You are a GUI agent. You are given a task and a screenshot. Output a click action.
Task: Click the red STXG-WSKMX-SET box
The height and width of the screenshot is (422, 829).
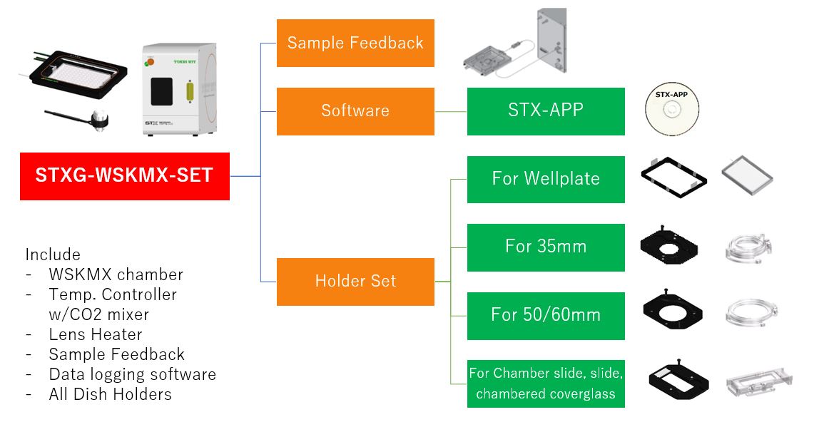(x=125, y=176)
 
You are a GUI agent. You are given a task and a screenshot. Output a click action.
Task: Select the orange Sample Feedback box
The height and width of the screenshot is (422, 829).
(x=355, y=43)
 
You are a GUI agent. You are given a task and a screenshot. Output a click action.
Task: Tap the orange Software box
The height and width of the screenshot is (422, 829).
(x=355, y=110)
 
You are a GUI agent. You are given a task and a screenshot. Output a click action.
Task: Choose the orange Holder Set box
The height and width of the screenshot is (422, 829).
(x=355, y=281)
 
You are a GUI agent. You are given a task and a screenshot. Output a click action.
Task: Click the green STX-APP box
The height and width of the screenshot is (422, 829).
(x=546, y=110)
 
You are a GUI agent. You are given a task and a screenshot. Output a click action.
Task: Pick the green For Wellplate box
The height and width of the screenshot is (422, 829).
(x=546, y=178)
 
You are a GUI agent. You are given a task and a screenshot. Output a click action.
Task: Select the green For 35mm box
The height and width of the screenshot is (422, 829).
(x=546, y=247)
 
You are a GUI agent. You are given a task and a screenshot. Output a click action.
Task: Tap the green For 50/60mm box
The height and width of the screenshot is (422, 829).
(x=546, y=315)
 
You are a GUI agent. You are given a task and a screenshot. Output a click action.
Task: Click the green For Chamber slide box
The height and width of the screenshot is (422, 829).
(x=546, y=384)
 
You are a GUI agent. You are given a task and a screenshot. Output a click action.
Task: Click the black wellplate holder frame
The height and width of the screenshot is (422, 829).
(x=674, y=175)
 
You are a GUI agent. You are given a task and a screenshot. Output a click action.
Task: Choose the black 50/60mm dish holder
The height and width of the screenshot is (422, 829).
(x=674, y=312)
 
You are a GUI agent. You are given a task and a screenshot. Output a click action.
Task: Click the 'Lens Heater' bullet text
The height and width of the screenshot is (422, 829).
(x=96, y=334)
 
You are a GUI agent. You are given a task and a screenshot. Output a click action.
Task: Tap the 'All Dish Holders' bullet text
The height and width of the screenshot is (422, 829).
(x=110, y=394)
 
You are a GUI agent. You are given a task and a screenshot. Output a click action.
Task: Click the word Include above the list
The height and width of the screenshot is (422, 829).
(x=53, y=254)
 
